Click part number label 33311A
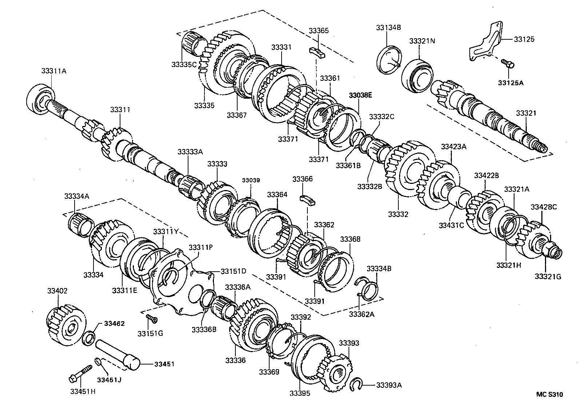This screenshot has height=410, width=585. click(53, 71)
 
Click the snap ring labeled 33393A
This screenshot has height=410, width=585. click(357, 385)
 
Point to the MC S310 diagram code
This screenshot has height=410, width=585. click(549, 394)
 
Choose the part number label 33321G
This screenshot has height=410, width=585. click(548, 277)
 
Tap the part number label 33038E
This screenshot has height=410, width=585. click(360, 95)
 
